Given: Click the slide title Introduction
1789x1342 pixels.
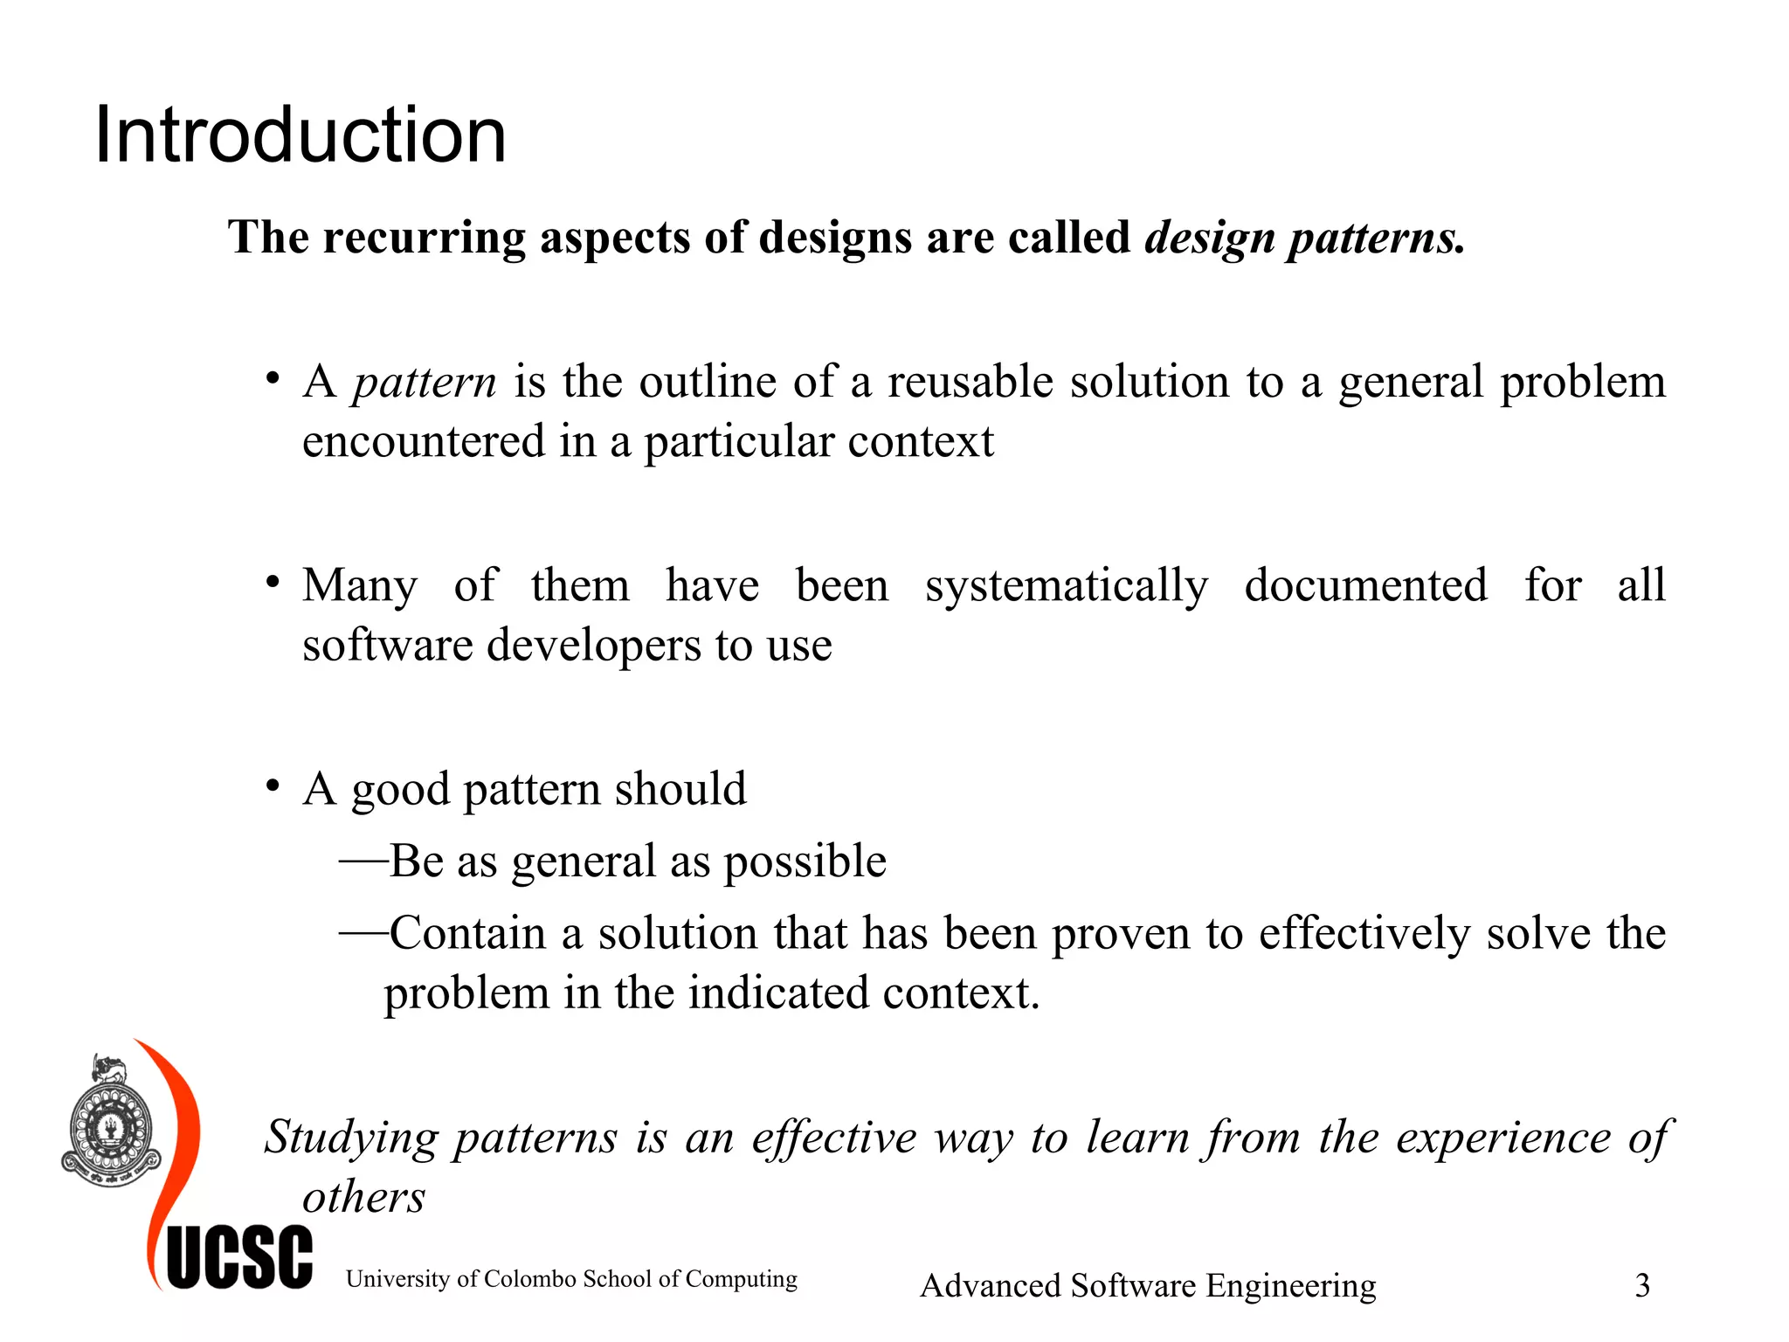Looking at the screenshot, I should [300, 135].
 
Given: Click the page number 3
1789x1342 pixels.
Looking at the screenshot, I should [1642, 1285].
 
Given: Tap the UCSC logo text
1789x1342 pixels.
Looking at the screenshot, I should [239, 1258].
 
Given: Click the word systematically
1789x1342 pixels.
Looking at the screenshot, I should [1067, 586].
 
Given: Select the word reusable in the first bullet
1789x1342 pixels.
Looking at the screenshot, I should [970, 382].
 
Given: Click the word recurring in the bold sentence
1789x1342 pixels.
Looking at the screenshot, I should [425, 238].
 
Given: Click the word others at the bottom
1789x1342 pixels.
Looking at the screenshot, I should [363, 1197].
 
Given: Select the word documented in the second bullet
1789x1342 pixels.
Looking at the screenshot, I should [1365, 585].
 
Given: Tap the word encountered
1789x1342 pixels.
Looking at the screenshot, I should [423, 441].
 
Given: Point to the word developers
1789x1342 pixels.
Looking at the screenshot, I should [593, 646].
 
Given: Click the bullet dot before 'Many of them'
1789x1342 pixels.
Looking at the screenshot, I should [273, 582].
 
